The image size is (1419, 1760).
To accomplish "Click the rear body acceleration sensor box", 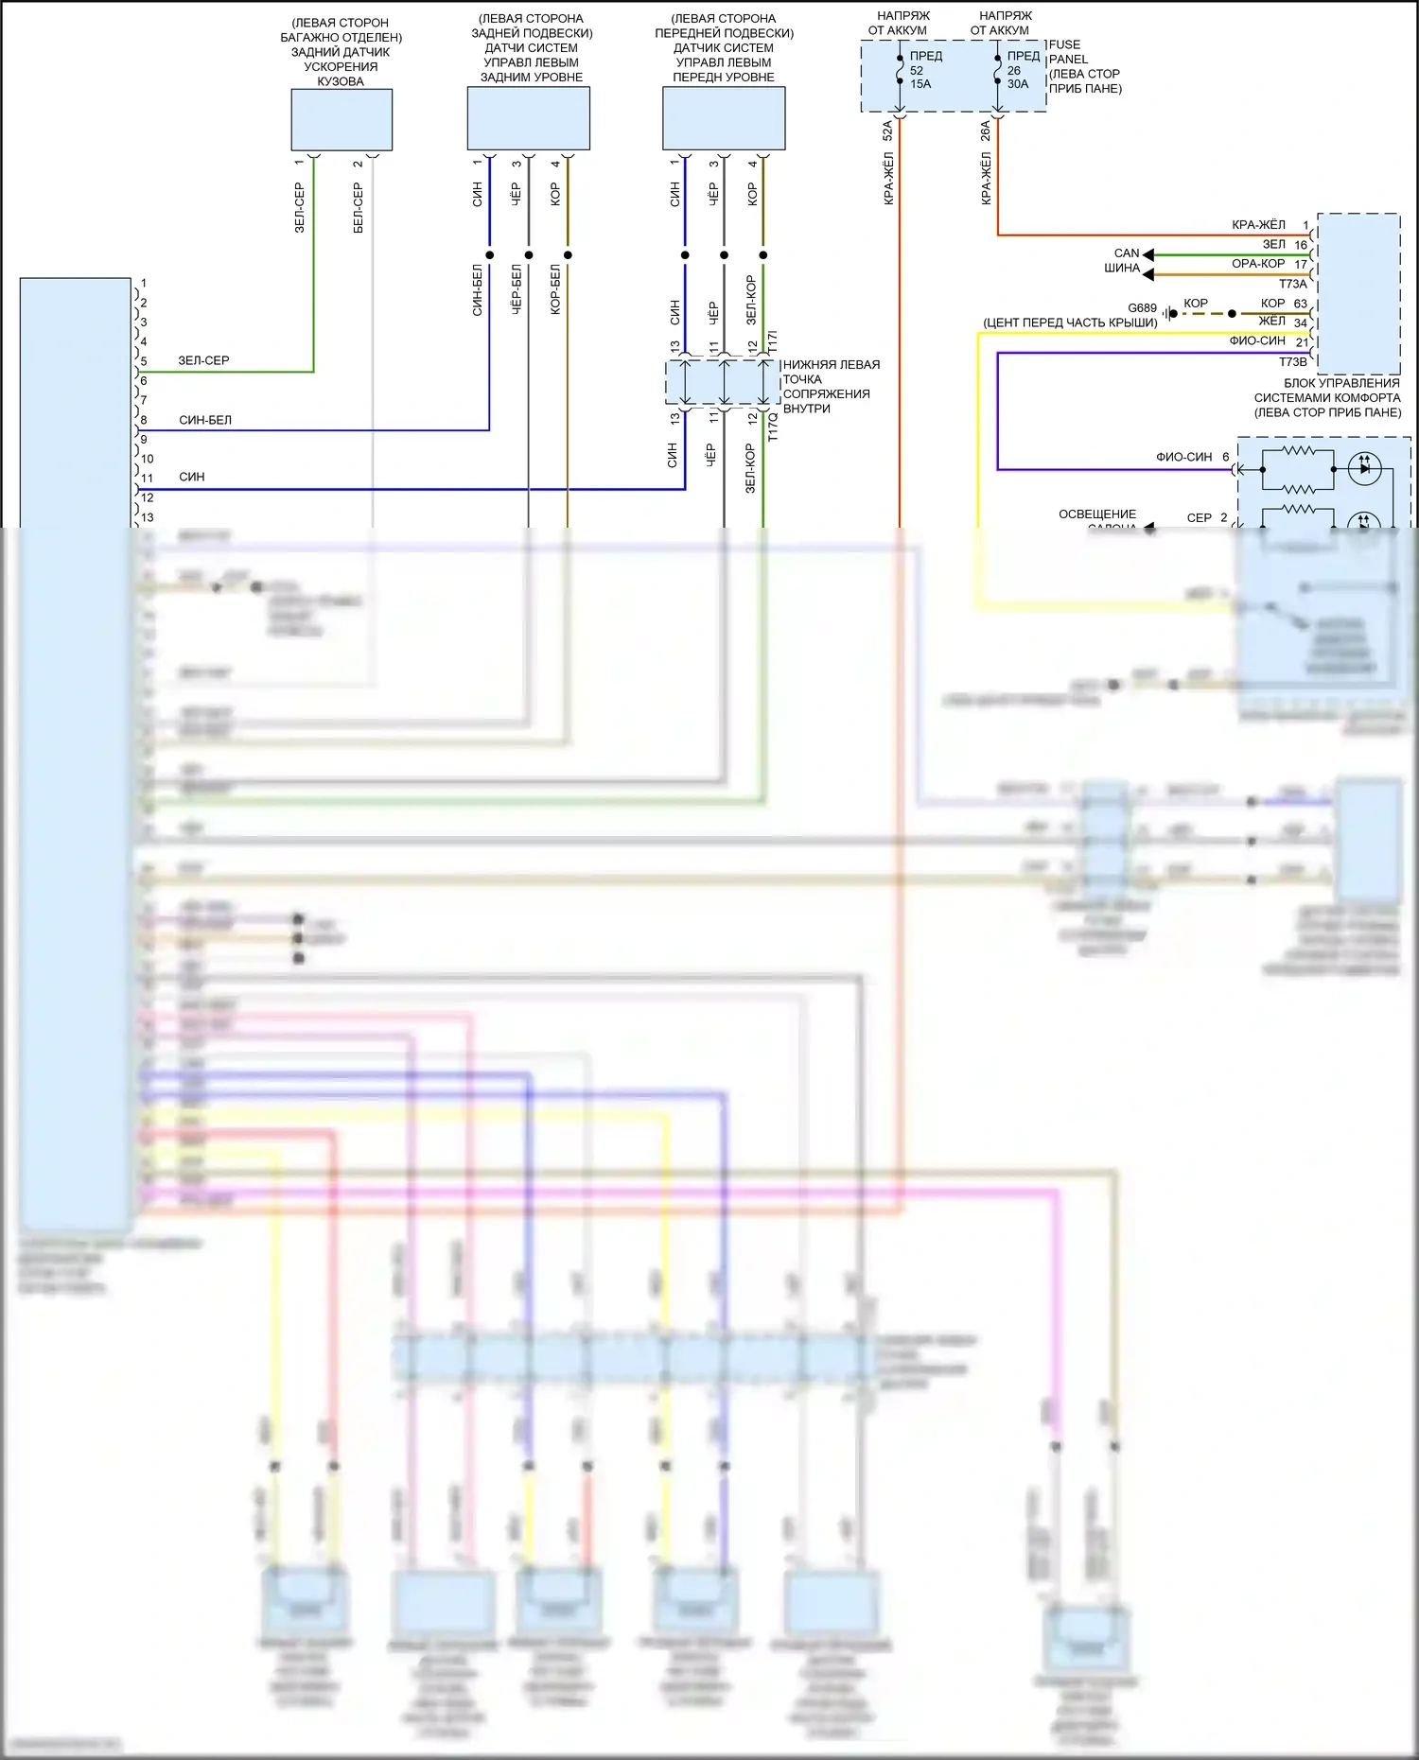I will pos(342,120).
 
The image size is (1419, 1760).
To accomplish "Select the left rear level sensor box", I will pos(529,118).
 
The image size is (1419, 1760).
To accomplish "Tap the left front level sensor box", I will pos(724,118).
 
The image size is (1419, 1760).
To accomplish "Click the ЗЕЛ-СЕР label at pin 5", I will pos(203,360).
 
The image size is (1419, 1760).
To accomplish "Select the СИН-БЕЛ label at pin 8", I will pos(205,420).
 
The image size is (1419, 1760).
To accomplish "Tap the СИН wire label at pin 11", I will pos(192,477).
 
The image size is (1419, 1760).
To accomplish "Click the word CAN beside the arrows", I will pos(1126,253).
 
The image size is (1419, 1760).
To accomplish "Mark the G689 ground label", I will pos(1142,308).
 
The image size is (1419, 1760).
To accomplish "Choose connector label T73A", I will pos(1292,284).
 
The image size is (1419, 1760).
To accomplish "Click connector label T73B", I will pos(1292,361).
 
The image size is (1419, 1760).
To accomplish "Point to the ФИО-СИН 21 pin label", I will pos(1268,341).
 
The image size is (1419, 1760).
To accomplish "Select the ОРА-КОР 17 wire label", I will pos(1269,264).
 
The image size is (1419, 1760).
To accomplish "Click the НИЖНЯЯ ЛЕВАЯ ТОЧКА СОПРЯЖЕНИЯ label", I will pos(830,386).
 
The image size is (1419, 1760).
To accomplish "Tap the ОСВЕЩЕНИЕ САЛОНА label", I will pos(1097,516).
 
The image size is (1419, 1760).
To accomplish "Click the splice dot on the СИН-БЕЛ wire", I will pos(489,255).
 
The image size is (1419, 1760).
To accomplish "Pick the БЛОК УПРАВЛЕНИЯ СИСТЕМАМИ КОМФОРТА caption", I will pos(1328,398).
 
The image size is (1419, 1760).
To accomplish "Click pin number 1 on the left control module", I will pos(144,283).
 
